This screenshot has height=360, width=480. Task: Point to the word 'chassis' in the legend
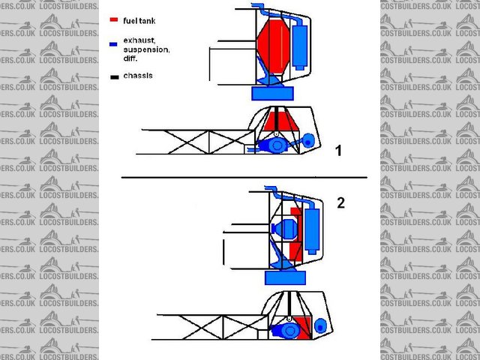138,76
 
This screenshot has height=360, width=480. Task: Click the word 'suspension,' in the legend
147,49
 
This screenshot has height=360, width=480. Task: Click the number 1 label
338,151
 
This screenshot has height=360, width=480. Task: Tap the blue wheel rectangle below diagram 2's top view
285,277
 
